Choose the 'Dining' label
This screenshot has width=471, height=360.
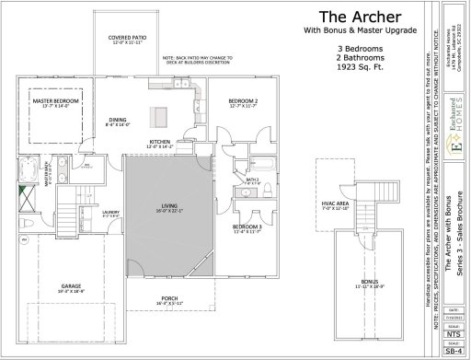(x=117, y=121)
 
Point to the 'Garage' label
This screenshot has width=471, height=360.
(x=72, y=287)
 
